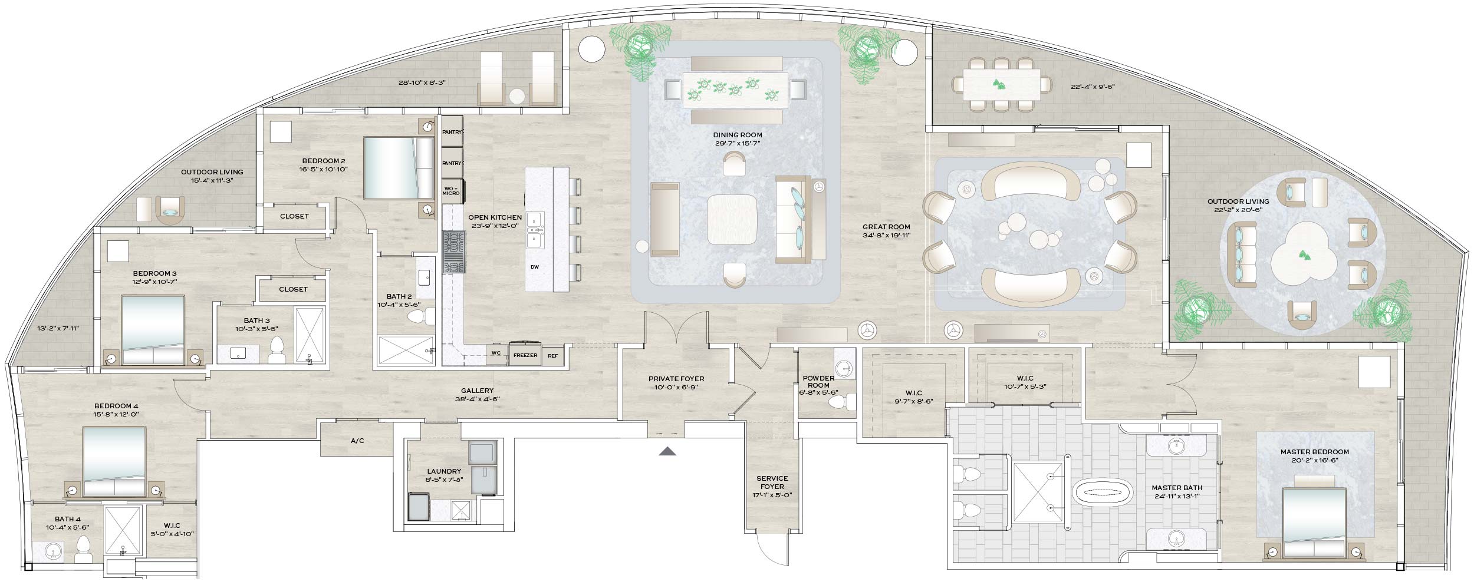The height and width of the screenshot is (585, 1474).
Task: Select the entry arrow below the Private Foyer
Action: coord(667,451)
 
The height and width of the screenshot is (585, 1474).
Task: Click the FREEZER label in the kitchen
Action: coord(525,355)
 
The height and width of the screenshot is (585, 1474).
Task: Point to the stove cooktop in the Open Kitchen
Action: coord(454,252)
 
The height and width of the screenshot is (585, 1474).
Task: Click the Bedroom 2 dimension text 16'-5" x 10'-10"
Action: coord(324,170)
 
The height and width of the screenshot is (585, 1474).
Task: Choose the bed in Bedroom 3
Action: coord(153,330)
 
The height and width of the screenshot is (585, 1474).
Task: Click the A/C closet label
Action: coord(357,441)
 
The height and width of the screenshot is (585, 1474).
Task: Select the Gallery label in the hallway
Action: coord(477,391)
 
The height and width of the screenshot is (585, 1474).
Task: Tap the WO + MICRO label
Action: coord(451,190)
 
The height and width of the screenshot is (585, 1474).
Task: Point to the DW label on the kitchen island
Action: coord(535,267)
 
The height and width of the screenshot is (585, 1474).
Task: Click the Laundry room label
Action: coord(444,471)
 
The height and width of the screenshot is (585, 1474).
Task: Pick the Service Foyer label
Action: coord(772,482)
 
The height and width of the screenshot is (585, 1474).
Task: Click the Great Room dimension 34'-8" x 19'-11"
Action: coord(886,235)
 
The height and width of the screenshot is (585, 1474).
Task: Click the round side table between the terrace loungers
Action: coord(518,97)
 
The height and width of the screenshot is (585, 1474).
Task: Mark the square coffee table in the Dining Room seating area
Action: coord(732,219)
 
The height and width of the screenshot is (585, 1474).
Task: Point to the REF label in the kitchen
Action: coord(552,355)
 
